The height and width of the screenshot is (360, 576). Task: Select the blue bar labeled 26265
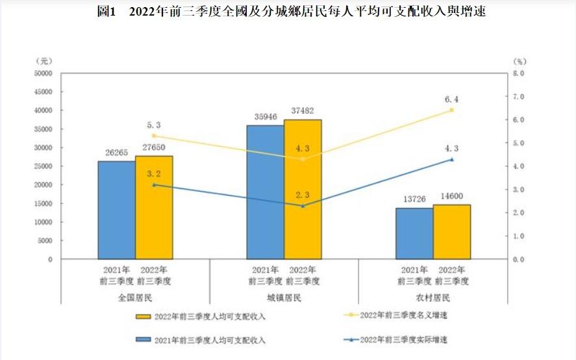117,209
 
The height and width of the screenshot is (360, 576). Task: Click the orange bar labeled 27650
154,207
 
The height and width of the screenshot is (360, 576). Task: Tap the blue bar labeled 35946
265,192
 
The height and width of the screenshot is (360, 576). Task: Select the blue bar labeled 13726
414,233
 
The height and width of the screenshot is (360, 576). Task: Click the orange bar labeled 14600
452,231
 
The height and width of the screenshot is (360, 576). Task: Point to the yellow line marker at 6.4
452,110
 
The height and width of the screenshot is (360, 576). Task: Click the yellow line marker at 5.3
154,136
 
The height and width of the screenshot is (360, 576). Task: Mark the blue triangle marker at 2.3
303,205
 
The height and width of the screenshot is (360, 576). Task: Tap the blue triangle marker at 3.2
154,185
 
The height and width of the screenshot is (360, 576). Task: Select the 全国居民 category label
135,298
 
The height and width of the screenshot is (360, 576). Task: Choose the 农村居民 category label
433,298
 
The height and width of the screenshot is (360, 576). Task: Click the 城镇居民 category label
284,298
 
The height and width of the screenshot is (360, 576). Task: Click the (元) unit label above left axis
43,60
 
